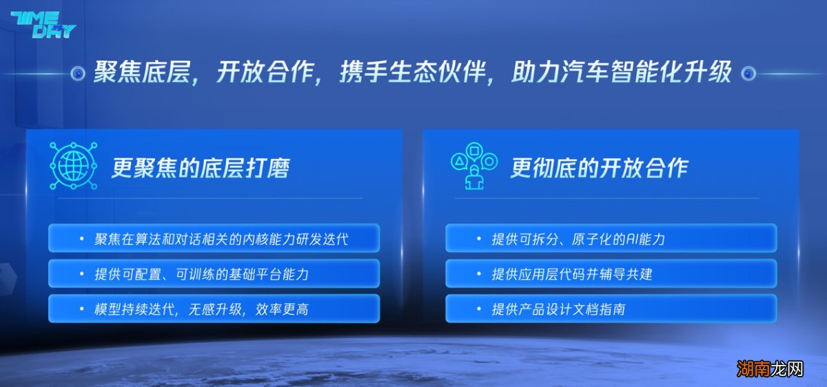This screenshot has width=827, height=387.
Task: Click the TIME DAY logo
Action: click(x=43, y=24)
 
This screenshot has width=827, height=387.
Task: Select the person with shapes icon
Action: click(x=473, y=166)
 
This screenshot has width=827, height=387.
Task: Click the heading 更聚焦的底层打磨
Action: click(x=201, y=168)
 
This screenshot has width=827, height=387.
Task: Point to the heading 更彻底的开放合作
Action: click(x=599, y=168)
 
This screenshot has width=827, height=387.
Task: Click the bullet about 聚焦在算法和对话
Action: click(x=221, y=239)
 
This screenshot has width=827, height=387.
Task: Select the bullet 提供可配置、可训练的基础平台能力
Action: click(x=201, y=274)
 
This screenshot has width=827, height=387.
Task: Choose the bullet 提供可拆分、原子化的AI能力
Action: click(x=578, y=239)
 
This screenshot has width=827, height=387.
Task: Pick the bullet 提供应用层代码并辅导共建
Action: click(x=571, y=274)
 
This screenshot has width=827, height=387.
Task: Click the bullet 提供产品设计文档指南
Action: click(x=558, y=309)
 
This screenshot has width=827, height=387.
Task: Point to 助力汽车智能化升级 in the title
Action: click(x=620, y=72)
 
